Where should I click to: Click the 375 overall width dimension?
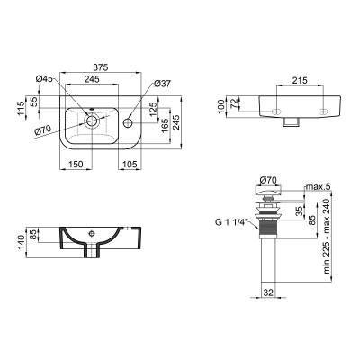(x=100, y=67)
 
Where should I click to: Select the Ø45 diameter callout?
(x=44, y=78)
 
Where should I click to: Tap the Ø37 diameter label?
(x=162, y=84)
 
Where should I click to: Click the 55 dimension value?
(x=35, y=102)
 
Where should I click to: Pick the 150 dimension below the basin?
(x=76, y=164)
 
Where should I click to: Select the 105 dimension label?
(x=129, y=164)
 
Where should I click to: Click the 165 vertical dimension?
(x=166, y=128)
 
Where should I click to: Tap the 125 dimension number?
(x=153, y=110)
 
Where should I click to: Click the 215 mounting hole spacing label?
(x=300, y=80)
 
